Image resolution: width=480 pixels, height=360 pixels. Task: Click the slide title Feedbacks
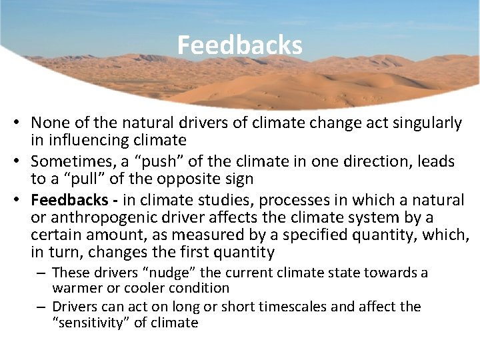click(239, 45)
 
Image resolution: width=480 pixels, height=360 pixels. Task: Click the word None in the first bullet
click(48, 123)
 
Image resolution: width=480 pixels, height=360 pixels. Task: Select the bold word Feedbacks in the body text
click(69, 200)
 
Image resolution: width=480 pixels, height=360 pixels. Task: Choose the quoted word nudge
click(157, 273)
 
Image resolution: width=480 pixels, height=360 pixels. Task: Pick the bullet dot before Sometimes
click(23, 162)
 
